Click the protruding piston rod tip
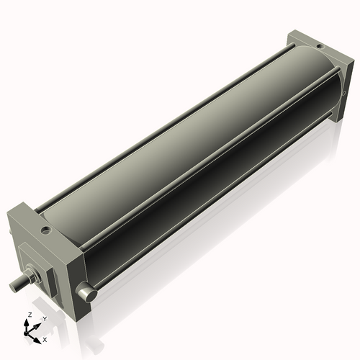coord(15,287)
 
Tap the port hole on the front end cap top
coord(45,231)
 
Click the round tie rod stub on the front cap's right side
coord(87,294)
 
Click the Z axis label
coord(28,315)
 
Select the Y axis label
coord(44,318)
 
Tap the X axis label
coord(45,338)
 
